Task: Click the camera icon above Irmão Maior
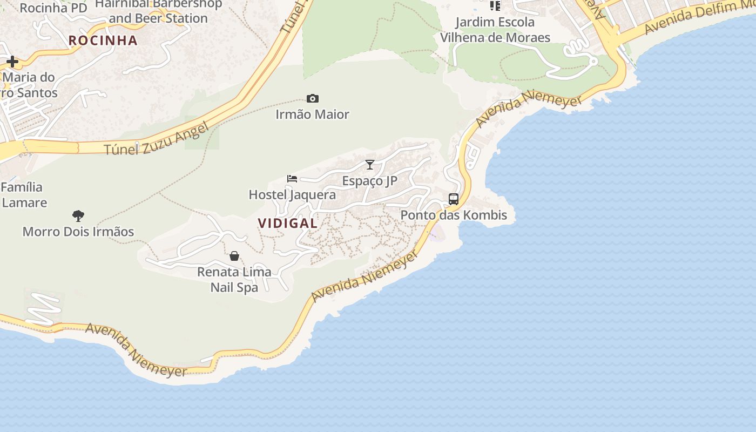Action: click(x=312, y=98)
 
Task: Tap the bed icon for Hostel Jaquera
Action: click(x=292, y=179)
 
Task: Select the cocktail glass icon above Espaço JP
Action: click(x=370, y=165)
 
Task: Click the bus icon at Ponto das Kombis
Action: click(x=454, y=199)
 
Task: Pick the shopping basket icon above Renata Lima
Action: click(x=234, y=256)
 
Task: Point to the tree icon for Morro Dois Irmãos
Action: click(x=78, y=216)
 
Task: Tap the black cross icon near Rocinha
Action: click(x=12, y=62)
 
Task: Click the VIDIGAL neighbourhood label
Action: click(x=287, y=223)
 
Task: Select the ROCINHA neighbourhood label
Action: click(x=103, y=40)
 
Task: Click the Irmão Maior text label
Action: click(x=312, y=114)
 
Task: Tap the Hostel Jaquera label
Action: click(x=292, y=195)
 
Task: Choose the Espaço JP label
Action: click(x=370, y=181)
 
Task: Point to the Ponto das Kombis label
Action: click(x=454, y=215)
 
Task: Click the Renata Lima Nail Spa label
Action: click(x=234, y=280)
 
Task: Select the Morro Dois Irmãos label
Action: click(x=78, y=232)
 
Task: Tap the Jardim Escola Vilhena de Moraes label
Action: click(x=495, y=30)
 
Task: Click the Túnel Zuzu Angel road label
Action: click(x=156, y=139)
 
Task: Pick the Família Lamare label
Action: click(x=23, y=195)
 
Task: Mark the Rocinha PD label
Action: click(x=53, y=8)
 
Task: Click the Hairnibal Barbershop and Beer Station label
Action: click(x=158, y=11)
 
